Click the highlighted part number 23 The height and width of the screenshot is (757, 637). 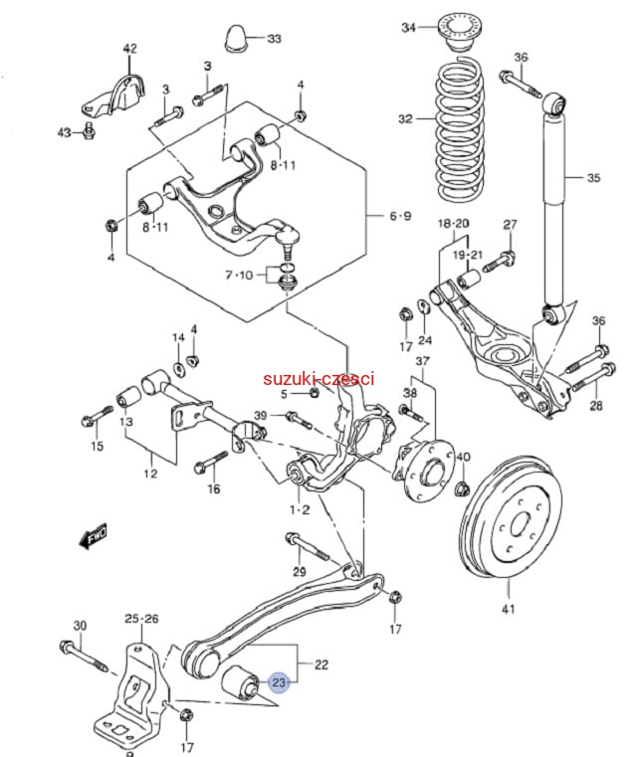278,683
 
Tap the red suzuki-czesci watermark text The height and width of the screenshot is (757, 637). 318,379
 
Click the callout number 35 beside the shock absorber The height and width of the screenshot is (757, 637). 593,179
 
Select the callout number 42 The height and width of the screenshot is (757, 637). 130,48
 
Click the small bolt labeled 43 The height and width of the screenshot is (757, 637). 90,130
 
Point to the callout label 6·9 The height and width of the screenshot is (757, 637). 400,216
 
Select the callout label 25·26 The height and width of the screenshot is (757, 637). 141,619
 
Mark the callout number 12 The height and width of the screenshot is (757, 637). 149,473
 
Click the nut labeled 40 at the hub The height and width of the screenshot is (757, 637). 462,487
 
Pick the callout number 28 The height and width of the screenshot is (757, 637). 596,406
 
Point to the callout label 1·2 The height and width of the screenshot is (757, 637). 300,509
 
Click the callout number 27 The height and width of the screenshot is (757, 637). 511,224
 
